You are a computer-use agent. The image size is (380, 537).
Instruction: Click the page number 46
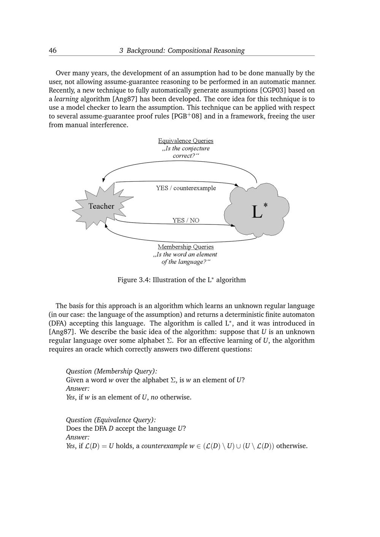[53, 51]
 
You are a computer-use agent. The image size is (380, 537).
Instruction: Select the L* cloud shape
[257, 210]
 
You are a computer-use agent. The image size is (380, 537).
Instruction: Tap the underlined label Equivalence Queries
[185, 141]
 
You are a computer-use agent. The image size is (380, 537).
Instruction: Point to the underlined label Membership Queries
[185, 247]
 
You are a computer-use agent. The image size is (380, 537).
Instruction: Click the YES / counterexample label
[186, 188]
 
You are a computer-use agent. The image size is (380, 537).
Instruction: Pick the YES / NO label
[186, 220]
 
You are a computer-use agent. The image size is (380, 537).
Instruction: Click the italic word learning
[66, 99]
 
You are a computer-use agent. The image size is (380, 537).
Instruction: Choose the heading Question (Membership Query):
[111, 371]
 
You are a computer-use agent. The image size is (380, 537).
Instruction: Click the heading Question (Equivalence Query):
[111, 420]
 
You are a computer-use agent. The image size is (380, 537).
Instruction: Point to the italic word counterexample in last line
[164, 446]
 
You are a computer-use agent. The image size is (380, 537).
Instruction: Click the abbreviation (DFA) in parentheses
[58, 323]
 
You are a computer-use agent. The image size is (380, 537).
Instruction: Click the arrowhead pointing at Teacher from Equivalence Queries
[104, 180]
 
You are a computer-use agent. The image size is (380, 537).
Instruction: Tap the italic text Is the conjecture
[186, 148]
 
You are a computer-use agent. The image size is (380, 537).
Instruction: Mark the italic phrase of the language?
[184, 262]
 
